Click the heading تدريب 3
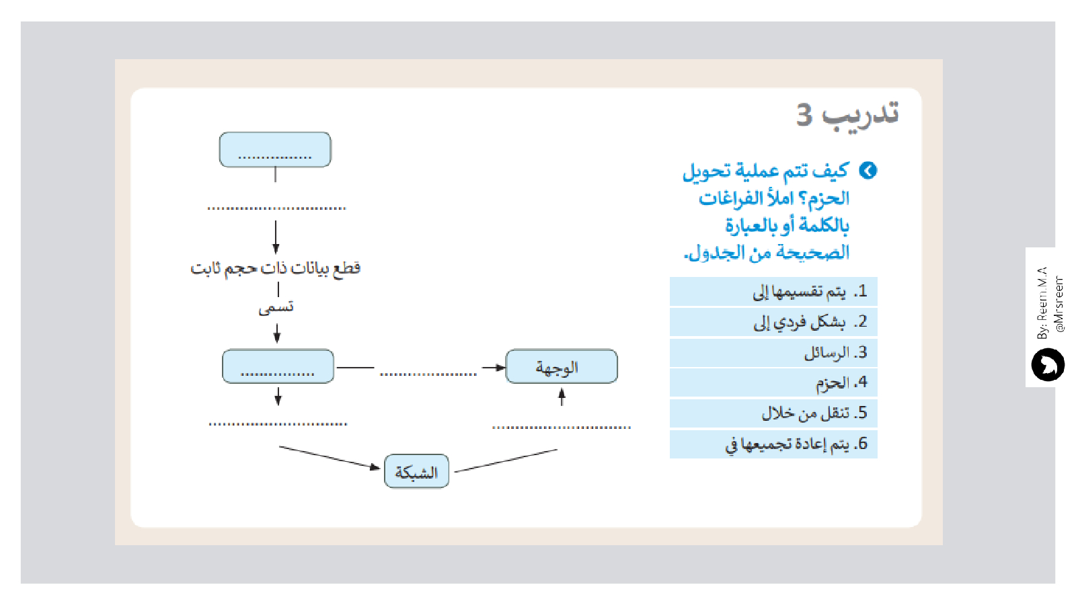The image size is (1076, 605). (847, 115)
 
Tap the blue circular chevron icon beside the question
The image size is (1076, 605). (868, 171)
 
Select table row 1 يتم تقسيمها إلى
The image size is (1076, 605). (773, 292)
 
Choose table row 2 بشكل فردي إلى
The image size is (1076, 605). (773, 322)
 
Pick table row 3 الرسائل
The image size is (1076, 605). (773, 352)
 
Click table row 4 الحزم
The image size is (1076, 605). (773, 382)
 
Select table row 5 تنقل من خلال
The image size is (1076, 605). (773, 413)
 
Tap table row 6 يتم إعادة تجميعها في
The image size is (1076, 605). (773, 444)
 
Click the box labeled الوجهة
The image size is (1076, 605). (561, 367)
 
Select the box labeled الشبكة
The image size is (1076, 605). (416, 472)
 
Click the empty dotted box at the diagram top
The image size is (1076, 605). (275, 150)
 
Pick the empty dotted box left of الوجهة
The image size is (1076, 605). (278, 367)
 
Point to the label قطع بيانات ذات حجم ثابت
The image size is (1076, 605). (275, 268)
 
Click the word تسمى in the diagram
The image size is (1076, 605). (276, 308)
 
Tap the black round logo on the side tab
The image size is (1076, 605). (1048, 365)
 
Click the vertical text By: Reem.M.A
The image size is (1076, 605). (1042, 303)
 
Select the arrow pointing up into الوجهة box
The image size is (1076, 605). (562, 397)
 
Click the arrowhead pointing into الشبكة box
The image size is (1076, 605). (375, 467)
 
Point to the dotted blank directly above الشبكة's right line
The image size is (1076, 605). (562, 427)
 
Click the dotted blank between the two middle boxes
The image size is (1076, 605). (428, 374)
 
